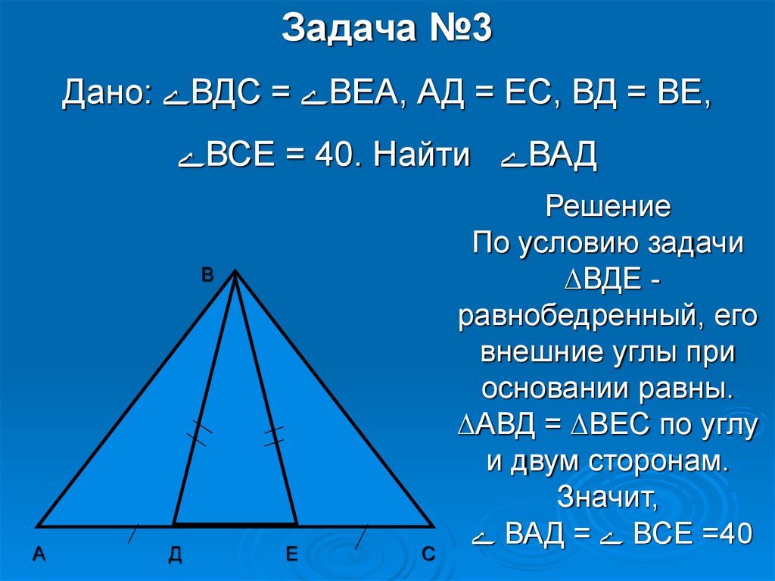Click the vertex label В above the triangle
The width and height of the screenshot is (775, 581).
click(x=207, y=276)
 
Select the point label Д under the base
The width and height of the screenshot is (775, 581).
click(x=175, y=555)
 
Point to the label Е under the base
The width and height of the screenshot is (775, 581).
click(x=291, y=555)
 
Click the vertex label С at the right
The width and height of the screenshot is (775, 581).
click(x=428, y=555)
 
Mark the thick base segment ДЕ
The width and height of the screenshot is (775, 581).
click(x=235, y=523)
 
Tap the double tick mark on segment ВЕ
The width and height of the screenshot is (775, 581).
click(x=274, y=436)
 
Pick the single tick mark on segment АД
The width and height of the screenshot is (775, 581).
click(x=132, y=533)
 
